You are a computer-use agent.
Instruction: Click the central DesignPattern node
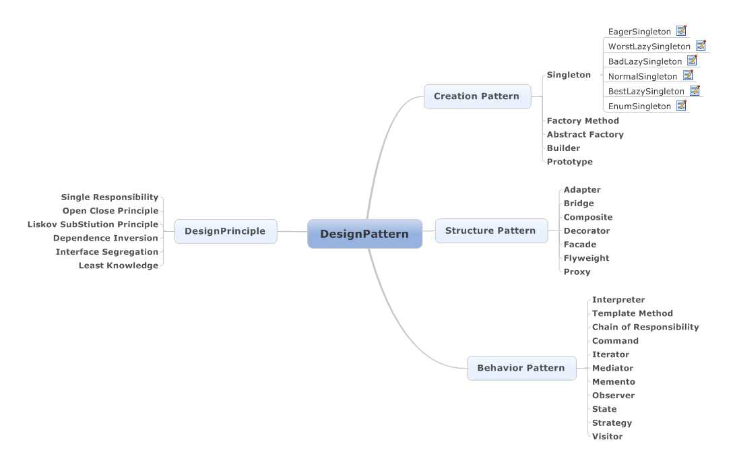(x=364, y=234)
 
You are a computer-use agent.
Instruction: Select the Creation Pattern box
(x=477, y=96)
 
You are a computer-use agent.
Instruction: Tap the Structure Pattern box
(x=490, y=230)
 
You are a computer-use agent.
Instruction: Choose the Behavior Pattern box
(x=521, y=368)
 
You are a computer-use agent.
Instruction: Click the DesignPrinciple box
(x=225, y=231)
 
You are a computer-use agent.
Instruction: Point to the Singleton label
(x=569, y=75)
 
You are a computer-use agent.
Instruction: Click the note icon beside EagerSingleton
(x=681, y=31)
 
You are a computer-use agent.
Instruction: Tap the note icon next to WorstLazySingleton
(x=701, y=46)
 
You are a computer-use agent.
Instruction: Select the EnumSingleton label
(x=639, y=106)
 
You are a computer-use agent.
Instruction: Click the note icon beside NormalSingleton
(x=688, y=75)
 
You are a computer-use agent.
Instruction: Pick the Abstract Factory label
(x=585, y=135)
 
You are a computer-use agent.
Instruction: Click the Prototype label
(x=569, y=162)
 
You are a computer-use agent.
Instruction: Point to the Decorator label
(x=586, y=230)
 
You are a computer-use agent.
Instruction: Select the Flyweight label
(x=586, y=258)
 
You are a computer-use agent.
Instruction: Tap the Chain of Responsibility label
(x=645, y=327)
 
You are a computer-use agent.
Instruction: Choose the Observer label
(x=613, y=396)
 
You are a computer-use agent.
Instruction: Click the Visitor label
(x=607, y=437)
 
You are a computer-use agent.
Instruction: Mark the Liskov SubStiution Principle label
(x=93, y=224)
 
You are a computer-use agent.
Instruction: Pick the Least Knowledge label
(x=119, y=266)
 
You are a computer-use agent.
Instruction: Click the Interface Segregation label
(x=107, y=252)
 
